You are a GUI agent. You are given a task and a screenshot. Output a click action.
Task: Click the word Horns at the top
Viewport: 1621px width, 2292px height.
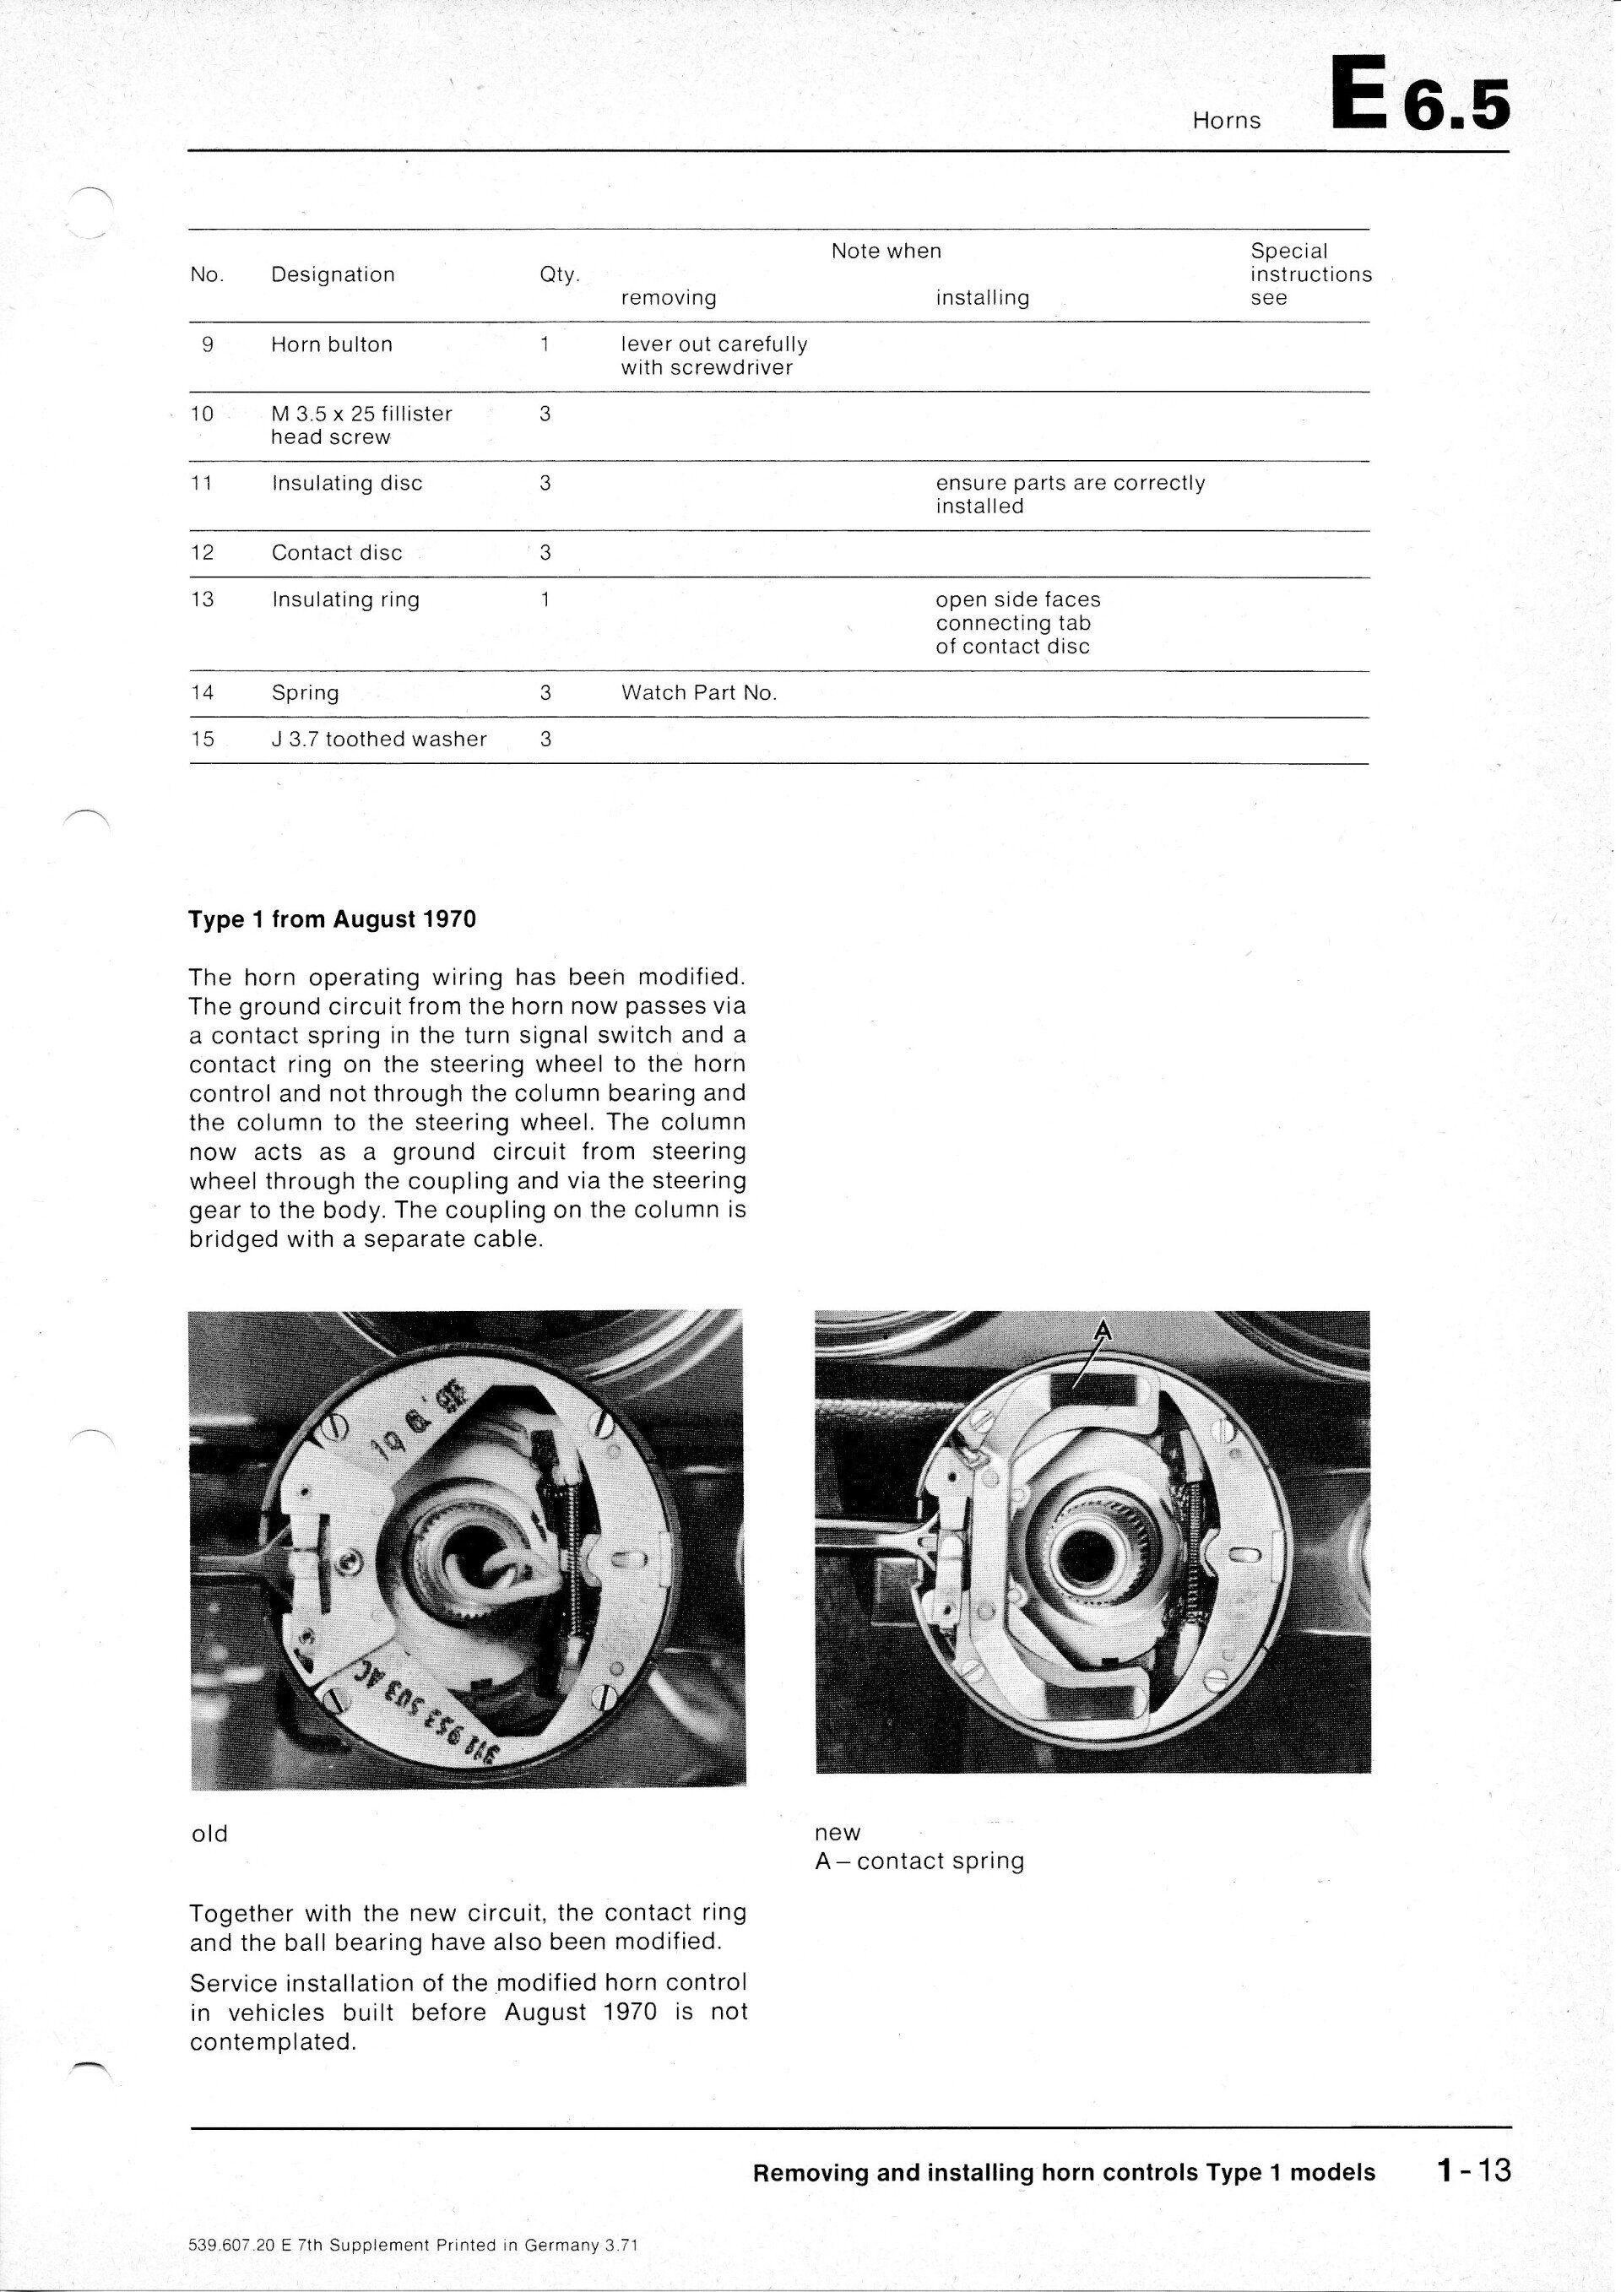coord(1227,121)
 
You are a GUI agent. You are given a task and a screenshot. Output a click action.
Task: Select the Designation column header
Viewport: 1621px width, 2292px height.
coord(333,274)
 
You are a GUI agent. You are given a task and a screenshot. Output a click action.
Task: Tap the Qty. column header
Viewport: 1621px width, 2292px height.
coord(559,274)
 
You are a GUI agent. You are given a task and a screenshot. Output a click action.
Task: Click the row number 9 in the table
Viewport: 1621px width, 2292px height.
coord(208,344)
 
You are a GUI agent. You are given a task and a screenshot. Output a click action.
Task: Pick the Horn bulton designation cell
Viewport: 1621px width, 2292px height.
coord(332,344)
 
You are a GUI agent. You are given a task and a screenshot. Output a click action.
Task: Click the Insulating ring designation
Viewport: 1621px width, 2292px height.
coord(345,600)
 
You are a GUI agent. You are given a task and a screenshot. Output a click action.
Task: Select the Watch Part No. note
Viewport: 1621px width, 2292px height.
coord(699,693)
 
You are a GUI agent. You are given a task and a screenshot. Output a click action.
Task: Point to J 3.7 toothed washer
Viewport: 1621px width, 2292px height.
coord(379,740)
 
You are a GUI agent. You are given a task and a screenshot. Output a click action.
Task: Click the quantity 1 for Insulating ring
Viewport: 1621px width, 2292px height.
coord(545,600)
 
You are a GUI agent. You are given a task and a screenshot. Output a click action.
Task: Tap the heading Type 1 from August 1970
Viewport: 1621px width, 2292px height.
coord(333,919)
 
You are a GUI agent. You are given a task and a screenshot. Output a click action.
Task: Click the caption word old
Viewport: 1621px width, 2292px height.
coord(209,1834)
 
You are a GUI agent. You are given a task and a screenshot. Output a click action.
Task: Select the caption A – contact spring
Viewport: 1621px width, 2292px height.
coord(919,1861)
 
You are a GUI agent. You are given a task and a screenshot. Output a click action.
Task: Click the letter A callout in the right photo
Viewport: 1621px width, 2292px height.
coord(1103,1330)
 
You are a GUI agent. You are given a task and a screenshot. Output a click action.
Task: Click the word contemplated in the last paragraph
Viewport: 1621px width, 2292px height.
coord(273,2042)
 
